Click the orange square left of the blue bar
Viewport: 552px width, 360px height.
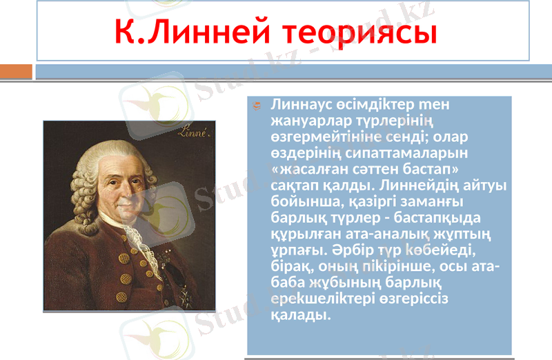point(16,71)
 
